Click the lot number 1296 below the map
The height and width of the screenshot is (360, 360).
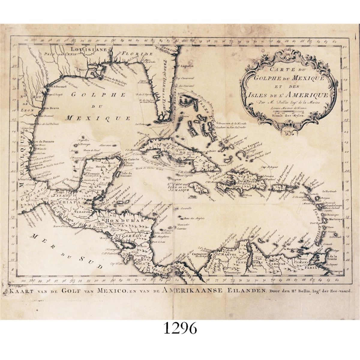click(x=180, y=329)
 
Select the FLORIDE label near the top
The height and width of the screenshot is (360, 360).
click(x=137, y=54)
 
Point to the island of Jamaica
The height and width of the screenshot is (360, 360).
click(x=197, y=188)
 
